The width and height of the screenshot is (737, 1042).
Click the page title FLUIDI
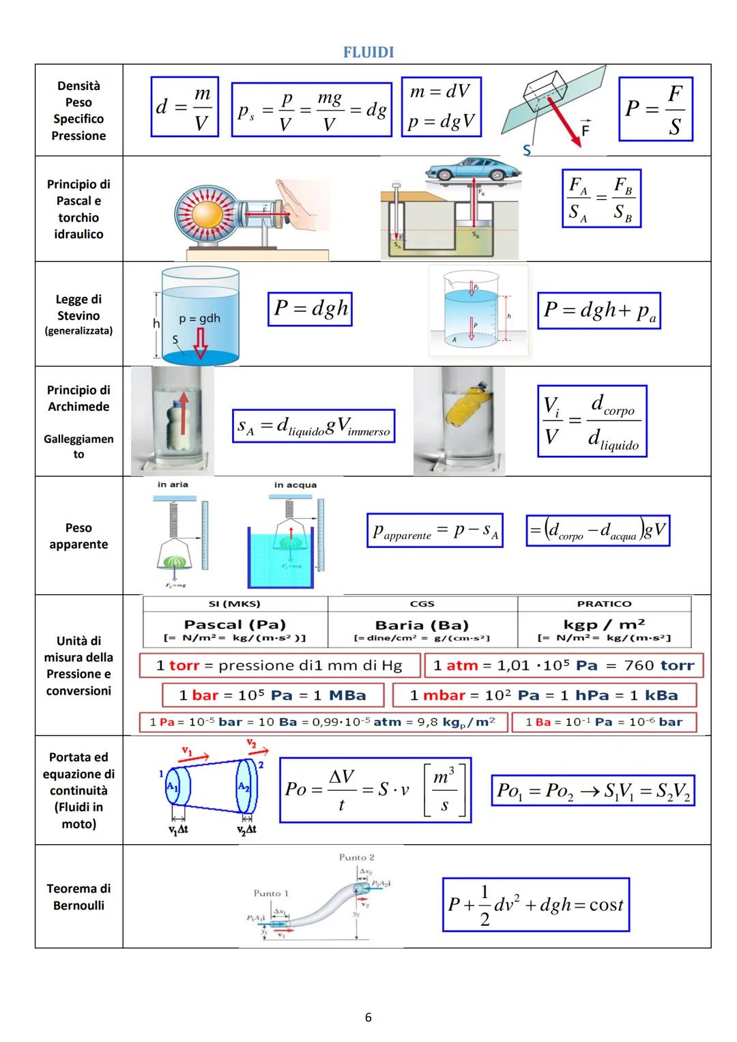click(x=369, y=53)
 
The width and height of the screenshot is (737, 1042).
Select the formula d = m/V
click(x=184, y=107)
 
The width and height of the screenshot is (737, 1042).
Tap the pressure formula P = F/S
click(x=655, y=109)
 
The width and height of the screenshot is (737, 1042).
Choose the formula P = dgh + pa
click(x=599, y=310)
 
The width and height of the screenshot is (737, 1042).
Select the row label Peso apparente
click(x=78, y=536)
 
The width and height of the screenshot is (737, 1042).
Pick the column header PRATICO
click(x=604, y=604)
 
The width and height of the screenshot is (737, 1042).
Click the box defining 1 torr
click(x=279, y=665)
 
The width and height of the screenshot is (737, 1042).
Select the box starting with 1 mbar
click(x=544, y=695)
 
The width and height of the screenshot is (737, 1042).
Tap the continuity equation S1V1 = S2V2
click(x=592, y=791)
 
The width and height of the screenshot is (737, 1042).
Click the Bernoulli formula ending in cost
click(x=535, y=905)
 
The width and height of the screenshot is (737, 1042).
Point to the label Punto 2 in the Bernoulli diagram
click(x=356, y=857)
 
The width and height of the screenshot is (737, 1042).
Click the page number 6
click(x=369, y=1017)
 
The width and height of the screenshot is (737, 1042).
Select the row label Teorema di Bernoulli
click(x=78, y=897)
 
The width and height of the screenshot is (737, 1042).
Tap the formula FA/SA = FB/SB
click(x=601, y=199)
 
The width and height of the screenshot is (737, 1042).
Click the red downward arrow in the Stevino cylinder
click(x=200, y=342)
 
